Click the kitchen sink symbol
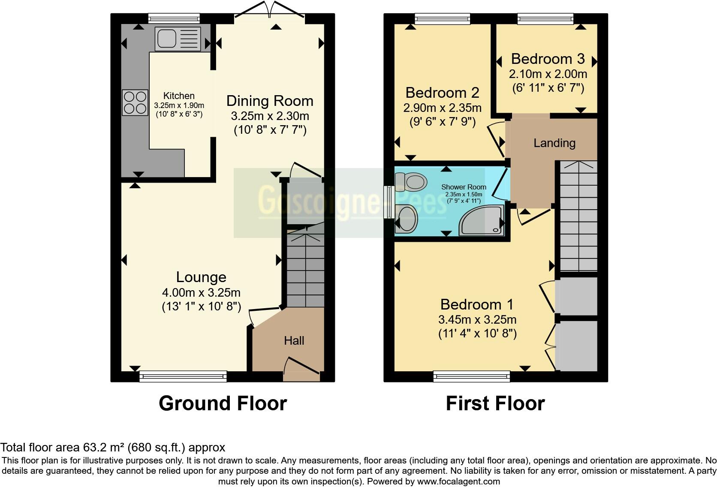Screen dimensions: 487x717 tap(178, 39)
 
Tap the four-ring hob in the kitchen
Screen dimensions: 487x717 tap(135, 102)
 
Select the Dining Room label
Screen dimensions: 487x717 tap(270, 101)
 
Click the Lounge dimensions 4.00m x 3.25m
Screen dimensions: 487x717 tap(201, 293)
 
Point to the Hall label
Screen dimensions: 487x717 tap(294, 341)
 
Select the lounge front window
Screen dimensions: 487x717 tap(183, 376)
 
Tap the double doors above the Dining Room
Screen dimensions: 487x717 tap(270, 11)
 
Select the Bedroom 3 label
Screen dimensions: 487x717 tap(548, 59)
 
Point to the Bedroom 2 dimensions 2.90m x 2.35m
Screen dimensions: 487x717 tap(442, 108)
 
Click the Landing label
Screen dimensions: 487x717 tap(554, 143)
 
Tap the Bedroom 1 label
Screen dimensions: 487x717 tap(476, 304)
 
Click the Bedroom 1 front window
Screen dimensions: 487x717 tap(471, 376)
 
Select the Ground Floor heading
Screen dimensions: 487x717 tap(223, 404)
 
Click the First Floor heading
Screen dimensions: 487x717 tap(495, 404)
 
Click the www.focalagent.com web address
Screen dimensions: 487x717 tap(458, 481)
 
